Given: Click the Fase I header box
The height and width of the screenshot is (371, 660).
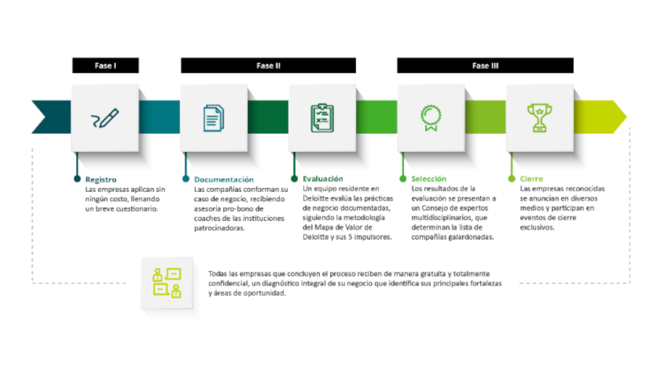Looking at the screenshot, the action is click(105, 66).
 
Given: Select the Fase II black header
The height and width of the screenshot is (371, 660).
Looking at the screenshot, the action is click(268, 66).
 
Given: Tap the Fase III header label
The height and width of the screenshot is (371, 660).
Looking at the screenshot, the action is click(485, 66).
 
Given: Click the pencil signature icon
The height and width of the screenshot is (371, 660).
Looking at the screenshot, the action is click(105, 119).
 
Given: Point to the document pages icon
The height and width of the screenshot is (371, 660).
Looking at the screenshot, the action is click(214, 119).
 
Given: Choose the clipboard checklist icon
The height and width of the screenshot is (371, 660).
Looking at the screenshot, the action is click(322, 119).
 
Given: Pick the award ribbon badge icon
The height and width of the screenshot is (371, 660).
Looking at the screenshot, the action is click(431, 119).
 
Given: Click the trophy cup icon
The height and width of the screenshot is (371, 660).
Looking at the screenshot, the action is click(539, 119).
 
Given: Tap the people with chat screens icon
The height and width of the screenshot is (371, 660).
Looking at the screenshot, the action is click(167, 283).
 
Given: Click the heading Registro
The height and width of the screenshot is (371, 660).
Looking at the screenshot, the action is click(101, 180).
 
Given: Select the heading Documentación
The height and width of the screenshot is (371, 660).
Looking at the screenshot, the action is click(224, 180).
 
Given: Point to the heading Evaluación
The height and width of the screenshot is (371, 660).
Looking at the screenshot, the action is click(323, 179).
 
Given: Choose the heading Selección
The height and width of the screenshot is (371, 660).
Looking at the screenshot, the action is click(429, 179).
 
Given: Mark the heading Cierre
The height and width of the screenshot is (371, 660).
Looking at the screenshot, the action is click(531, 179).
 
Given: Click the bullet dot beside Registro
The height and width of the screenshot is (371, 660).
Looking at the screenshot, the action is click(77, 179).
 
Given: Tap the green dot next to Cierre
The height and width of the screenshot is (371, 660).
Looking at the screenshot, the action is click(511, 179).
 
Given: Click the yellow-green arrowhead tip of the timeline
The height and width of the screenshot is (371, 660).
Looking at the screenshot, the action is click(626, 117).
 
